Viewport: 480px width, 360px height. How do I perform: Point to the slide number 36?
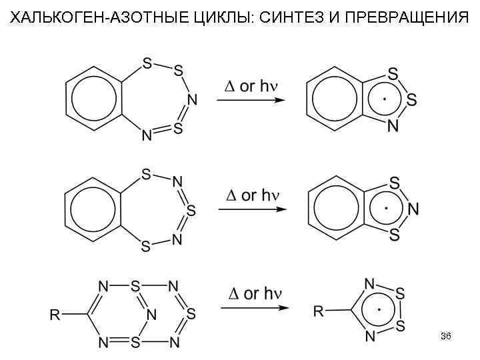(445, 337)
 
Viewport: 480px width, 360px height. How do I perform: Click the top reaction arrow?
(247, 101)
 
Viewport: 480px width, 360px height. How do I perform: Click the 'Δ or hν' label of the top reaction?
(250, 87)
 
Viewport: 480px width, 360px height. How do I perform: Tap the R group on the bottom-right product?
(319, 310)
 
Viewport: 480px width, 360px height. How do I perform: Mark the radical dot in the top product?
(385, 99)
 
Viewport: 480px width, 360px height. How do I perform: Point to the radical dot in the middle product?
(386, 209)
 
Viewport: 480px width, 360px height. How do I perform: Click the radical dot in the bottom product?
(379, 309)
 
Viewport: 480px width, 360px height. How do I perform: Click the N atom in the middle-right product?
(413, 209)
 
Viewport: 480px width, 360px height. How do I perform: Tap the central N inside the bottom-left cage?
(151, 313)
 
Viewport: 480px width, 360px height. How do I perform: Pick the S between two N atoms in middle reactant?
(191, 211)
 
